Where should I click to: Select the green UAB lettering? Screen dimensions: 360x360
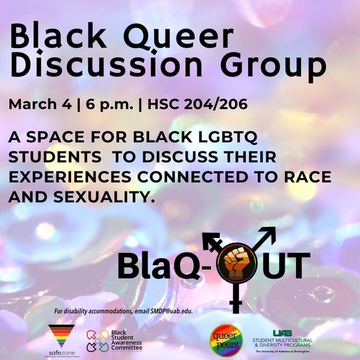coord(282,333)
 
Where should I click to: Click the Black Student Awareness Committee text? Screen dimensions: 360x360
coord(126,340)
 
